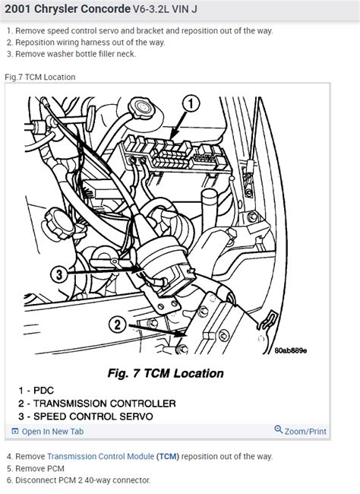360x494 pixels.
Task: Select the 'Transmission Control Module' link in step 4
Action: click(101, 456)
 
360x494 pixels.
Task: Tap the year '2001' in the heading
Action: click(19, 11)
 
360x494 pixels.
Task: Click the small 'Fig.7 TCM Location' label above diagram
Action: click(39, 77)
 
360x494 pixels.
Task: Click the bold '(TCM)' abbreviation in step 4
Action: click(169, 456)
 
